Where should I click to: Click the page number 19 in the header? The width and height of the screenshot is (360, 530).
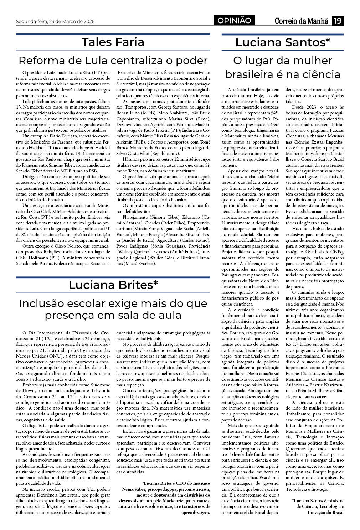tap(337, 21)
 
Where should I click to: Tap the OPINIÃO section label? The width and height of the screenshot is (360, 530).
tap(234, 21)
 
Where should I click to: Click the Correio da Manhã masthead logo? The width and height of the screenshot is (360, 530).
tap(301, 21)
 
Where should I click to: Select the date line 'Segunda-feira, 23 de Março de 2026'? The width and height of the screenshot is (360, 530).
tap(55, 21)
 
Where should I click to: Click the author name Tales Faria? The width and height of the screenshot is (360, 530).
tap(113, 42)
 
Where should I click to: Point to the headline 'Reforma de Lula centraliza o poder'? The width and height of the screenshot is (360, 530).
tap(113, 60)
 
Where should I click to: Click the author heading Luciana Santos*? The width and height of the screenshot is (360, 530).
tap(283, 42)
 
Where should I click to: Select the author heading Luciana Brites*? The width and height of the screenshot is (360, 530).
tap(113, 285)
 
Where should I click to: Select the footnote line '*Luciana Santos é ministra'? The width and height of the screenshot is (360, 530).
tap(318, 500)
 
